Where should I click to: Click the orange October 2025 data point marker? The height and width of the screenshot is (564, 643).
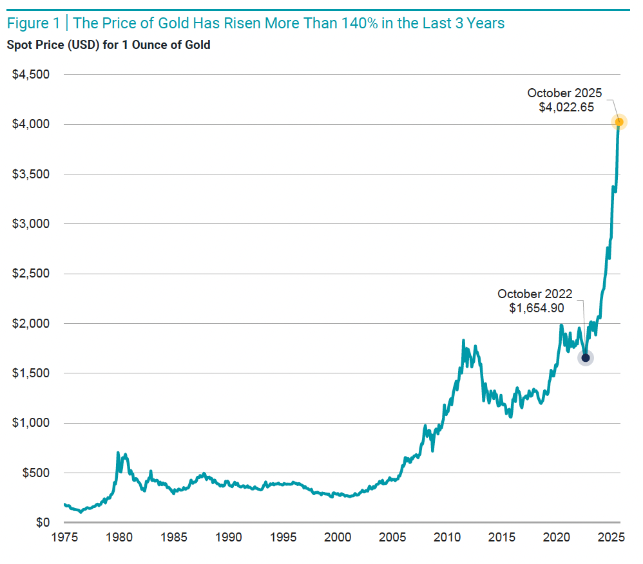point(619,122)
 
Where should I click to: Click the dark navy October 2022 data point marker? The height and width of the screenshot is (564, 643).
point(585,358)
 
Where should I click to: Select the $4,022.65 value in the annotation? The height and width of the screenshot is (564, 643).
point(566,108)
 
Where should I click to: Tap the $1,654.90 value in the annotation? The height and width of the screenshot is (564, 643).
point(537,308)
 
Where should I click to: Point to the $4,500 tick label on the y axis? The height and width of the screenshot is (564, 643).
point(30,75)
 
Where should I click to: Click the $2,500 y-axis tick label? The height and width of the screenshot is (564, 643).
point(30,274)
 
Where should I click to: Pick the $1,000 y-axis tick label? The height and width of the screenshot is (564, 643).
point(30,423)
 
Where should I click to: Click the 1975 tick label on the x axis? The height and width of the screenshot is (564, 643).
point(64,537)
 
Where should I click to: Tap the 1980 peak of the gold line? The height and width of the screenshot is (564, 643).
point(118,453)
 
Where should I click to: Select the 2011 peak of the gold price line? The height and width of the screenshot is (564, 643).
point(463,341)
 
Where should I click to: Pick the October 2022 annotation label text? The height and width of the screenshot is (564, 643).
point(535,294)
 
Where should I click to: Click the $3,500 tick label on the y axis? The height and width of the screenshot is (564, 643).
point(30,174)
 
